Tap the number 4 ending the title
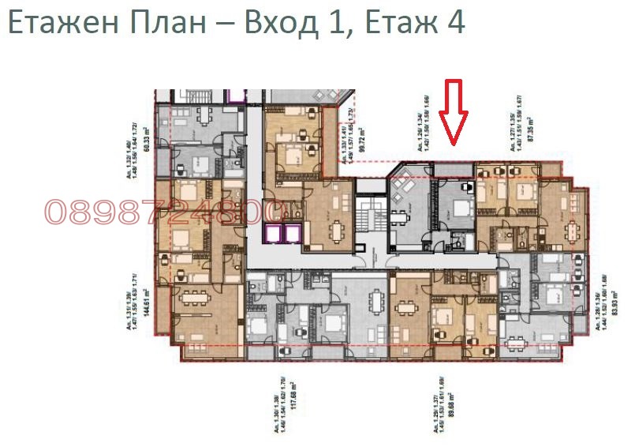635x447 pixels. [455, 24]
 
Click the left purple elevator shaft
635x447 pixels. [273, 234]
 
